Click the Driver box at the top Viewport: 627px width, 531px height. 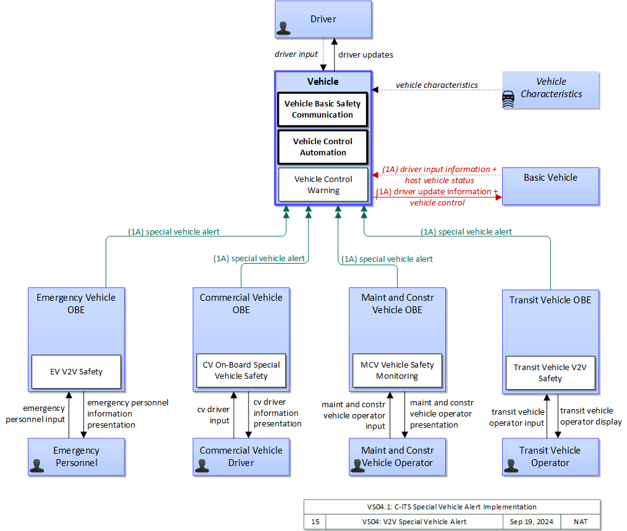tap(323, 20)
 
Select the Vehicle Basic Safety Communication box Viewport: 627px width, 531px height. tap(323, 110)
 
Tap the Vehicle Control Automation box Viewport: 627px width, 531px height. tap(323, 147)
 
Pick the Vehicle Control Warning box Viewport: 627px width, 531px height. tap(323, 184)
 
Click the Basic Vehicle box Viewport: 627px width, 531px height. tap(550, 186)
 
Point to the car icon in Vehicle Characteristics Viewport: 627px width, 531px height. tap(508, 99)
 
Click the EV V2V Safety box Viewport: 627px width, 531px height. tap(77, 372)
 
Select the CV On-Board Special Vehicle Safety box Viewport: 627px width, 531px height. tap(241, 371)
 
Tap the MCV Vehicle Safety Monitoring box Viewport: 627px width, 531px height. tap(397, 371)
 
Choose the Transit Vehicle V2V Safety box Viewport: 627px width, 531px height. tap(550, 373)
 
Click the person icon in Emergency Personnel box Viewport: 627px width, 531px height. tap(36, 466)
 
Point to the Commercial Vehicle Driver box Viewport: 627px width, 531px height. tap(241, 457)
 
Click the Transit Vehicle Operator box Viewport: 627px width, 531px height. tap(550, 457)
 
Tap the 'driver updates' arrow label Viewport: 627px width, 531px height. tap(365, 55)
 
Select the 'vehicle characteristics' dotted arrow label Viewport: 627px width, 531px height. tap(437, 85)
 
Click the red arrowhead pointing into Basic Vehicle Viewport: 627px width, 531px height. tap(499, 197)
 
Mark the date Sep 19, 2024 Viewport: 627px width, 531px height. tap(531, 522)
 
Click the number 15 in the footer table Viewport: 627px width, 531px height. tap(315, 522)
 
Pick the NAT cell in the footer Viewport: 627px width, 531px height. tap(581, 522)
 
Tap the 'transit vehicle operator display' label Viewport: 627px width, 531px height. tap(591, 416)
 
